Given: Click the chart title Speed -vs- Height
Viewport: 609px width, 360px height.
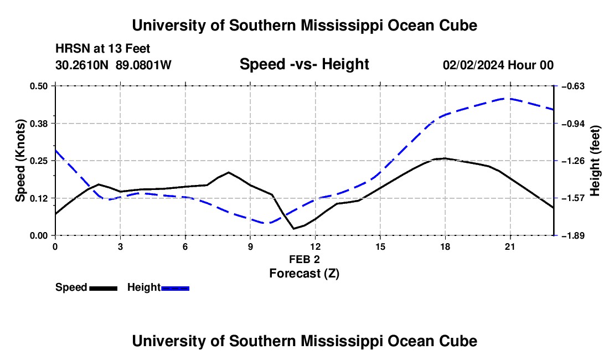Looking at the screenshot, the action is (304, 64).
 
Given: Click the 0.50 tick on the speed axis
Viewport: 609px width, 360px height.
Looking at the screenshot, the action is (38, 86).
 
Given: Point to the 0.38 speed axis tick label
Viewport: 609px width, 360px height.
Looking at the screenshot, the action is (38, 124).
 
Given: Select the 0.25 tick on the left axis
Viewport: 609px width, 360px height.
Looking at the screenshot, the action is (38, 161).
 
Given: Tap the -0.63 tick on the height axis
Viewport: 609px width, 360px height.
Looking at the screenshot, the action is (572, 86).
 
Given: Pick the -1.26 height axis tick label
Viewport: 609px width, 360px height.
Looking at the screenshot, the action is (572, 161).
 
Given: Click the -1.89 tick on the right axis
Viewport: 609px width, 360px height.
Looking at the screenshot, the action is (572, 236).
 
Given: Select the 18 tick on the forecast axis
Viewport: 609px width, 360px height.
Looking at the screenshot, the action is (445, 246).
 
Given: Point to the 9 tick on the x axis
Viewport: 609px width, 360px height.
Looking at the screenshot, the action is (250, 246).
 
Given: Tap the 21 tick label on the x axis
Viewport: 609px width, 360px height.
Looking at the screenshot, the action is (510, 246).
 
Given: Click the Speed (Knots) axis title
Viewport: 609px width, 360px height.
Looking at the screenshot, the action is (20, 161).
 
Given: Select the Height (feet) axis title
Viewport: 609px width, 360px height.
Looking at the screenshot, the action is (595, 161).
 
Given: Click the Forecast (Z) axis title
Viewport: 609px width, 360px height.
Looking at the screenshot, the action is (304, 274).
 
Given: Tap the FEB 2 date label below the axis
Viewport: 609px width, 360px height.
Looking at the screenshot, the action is (304, 259).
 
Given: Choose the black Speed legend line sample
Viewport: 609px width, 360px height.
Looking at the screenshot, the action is (104, 288).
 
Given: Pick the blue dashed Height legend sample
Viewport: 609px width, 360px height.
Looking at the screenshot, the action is (175, 288).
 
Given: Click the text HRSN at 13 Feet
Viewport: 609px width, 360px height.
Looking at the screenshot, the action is (102, 49).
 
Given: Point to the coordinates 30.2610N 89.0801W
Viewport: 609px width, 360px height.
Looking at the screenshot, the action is (113, 65).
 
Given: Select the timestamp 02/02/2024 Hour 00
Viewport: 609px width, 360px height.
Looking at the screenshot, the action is (498, 65).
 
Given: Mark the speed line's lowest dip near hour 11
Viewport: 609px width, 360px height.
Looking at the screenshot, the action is (293, 229).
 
